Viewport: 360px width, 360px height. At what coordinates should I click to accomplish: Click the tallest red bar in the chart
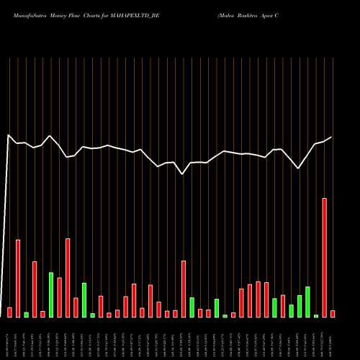(325, 257)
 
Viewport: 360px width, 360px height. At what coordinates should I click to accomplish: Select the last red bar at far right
(333, 313)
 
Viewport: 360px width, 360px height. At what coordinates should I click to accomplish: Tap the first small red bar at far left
(9, 312)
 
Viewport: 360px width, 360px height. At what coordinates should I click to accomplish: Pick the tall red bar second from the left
(18, 278)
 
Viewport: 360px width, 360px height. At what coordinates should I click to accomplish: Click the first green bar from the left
(26, 314)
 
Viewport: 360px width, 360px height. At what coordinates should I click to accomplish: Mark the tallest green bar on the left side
(51, 294)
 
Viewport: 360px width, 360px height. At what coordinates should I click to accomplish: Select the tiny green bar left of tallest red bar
(316, 315)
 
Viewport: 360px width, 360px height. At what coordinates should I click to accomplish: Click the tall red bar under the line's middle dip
(184, 288)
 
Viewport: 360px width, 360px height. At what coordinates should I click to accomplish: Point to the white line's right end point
(332, 137)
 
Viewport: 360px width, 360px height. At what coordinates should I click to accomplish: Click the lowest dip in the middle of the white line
(183, 174)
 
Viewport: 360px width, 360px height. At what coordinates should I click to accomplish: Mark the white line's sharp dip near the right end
(299, 168)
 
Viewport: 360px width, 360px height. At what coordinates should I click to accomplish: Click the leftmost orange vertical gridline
(9, 187)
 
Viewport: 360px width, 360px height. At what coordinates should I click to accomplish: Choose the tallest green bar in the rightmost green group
(307, 302)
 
